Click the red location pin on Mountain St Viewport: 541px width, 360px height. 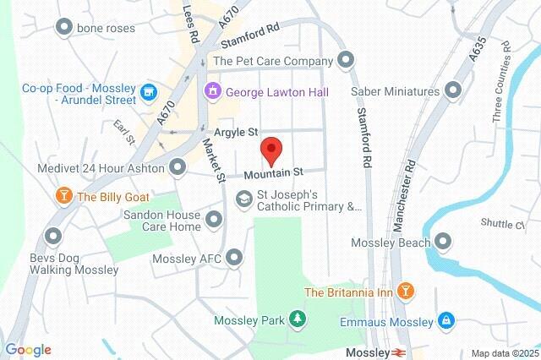point(270,150)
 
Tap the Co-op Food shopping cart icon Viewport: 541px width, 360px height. point(150,91)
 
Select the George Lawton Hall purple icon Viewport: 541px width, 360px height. point(211,90)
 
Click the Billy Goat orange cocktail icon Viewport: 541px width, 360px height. point(63,197)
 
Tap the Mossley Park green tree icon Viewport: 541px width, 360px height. point(297,319)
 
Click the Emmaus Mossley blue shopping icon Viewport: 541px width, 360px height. point(445,320)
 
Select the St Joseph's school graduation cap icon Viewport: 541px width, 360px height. point(243,198)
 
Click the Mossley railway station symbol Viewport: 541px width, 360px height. point(397,351)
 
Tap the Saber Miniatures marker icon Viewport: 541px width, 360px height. point(454,90)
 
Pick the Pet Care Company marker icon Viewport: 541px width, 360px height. point(345,60)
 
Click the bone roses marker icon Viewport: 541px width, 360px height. point(63,28)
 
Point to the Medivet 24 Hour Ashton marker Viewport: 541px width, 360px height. point(178,167)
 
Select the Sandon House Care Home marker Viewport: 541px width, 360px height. point(214,221)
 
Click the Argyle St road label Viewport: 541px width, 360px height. point(235,133)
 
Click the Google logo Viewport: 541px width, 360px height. point(27,350)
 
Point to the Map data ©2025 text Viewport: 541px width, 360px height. point(504,352)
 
